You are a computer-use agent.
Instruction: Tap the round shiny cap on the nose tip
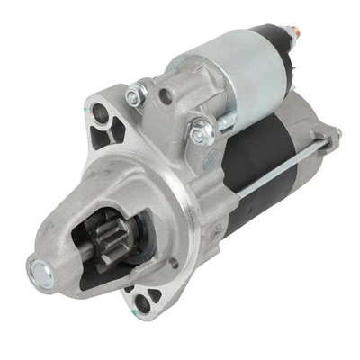coord(40,266)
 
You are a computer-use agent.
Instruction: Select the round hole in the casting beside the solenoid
coord(164,95)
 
